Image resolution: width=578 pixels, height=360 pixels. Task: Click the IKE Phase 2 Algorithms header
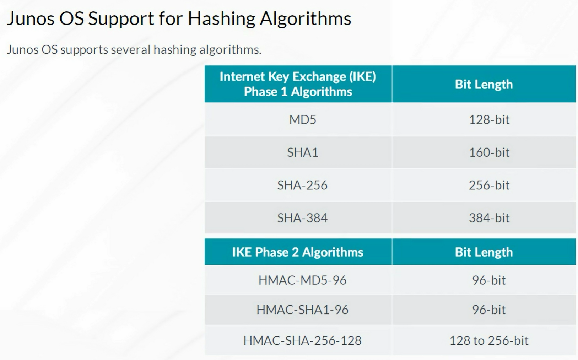tap(298, 252)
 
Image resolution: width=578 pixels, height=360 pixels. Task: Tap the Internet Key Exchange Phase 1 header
tap(298, 84)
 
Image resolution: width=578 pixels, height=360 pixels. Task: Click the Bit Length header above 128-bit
tap(484, 84)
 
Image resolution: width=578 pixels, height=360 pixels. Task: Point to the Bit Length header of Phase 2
tap(484, 252)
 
